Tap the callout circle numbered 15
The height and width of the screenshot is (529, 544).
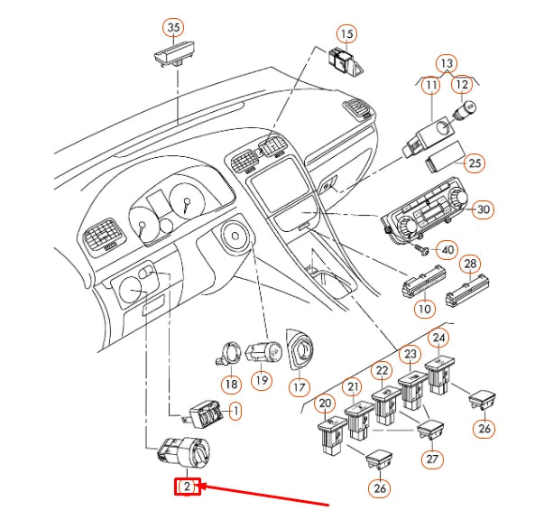(x=347, y=34)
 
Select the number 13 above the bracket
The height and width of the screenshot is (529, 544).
(x=447, y=63)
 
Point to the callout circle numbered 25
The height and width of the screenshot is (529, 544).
(x=475, y=163)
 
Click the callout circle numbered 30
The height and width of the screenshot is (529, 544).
(x=484, y=209)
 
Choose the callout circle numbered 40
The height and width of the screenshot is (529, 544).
(x=446, y=248)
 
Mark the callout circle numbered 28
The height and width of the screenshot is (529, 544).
(x=470, y=264)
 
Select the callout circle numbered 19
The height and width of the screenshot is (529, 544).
(x=261, y=380)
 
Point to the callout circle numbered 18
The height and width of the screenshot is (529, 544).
(x=231, y=385)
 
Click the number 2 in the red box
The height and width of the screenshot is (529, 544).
(x=187, y=487)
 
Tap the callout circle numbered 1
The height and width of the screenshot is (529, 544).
(x=235, y=412)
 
